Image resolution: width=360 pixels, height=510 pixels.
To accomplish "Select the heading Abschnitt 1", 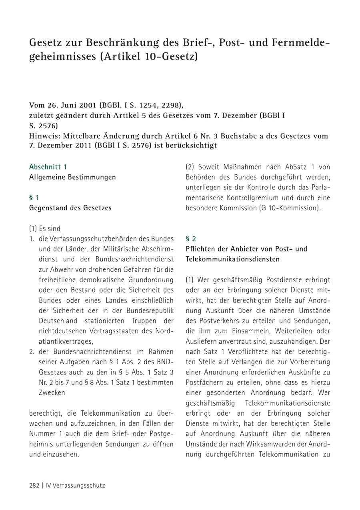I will (x=48, y=167).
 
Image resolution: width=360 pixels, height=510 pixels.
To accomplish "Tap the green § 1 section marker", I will (x=34, y=197).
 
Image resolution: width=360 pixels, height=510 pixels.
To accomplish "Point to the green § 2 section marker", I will (x=191, y=239).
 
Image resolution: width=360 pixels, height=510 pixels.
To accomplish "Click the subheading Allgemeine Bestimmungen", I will (x=72, y=177).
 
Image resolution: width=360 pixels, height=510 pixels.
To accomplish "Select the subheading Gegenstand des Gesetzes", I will (x=70, y=208).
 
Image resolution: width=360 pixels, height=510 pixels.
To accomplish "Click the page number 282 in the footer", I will (x=34, y=485).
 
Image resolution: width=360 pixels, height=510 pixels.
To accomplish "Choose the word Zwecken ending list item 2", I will (x=52, y=392).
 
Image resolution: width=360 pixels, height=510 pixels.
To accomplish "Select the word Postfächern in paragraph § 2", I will (x=203, y=382).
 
